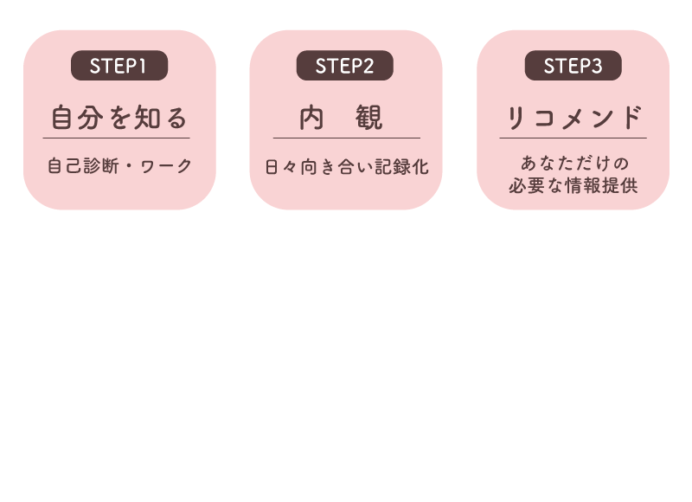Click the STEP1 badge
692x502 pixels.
pos(119,65)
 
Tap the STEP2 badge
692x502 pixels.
pos(344,65)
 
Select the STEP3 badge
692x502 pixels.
pos(573,65)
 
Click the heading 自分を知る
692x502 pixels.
pos(119,118)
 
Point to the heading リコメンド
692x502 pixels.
pos(573,118)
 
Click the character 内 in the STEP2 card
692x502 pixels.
pos(311,118)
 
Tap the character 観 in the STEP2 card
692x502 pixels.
pos(369,118)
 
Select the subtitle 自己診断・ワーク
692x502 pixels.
pos(119,166)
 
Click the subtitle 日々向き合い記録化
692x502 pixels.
pos(347,167)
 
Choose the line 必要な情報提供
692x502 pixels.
pos(573,185)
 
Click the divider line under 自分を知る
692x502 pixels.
pos(116,138)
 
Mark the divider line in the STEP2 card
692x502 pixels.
pos(347,138)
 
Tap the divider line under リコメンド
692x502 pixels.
pos(573,138)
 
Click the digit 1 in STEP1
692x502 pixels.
pos(143,67)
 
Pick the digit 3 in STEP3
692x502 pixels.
pos(597,67)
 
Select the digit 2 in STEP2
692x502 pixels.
pos(368,67)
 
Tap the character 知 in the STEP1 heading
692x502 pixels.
pos(147,118)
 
